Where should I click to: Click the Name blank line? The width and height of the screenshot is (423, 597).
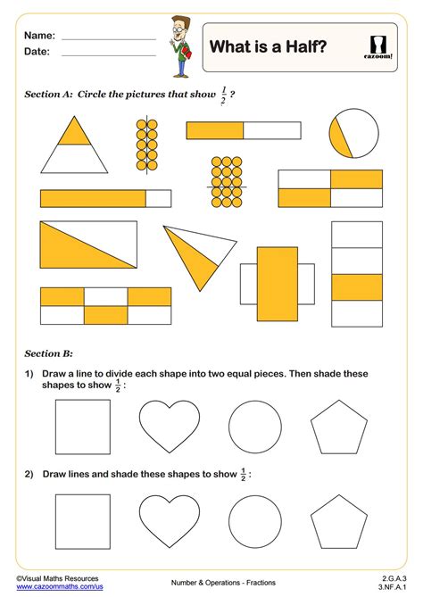point(109,39)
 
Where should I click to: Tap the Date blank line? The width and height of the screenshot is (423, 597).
point(109,55)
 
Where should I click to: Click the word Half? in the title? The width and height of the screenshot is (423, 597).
point(306,46)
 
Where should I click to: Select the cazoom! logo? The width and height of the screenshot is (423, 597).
point(378,47)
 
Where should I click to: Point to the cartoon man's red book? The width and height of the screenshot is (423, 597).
point(187,53)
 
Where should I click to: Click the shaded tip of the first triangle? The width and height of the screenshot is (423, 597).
point(74,131)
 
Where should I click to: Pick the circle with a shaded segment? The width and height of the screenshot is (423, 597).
point(354,133)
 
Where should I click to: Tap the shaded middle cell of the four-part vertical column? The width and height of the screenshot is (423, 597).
point(357,287)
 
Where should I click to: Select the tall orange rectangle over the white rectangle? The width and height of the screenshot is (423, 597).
point(278,284)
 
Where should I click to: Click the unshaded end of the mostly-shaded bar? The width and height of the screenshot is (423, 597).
point(158,199)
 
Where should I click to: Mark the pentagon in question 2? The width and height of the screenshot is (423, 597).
point(339,522)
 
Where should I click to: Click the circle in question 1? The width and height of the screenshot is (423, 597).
point(255,427)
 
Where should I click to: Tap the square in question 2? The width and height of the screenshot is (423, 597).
point(83,522)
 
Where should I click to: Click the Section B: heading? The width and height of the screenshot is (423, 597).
point(49,353)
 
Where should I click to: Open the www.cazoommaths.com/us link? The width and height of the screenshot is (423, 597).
point(60,586)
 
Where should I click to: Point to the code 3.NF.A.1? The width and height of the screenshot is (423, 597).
point(393,586)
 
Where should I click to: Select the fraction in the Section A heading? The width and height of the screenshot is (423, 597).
point(223,95)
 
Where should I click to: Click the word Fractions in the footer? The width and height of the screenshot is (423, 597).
point(261,583)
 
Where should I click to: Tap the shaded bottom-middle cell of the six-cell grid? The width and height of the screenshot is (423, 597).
point(106,315)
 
